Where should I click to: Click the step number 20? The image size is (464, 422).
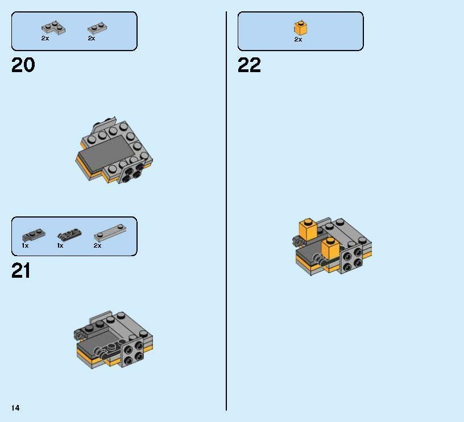click(x=23, y=65)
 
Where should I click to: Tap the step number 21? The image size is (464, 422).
click(x=20, y=271)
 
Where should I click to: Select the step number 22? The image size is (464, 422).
click(x=249, y=65)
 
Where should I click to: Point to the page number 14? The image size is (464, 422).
click(x=15, y=408)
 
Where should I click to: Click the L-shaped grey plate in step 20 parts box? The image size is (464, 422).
click(x=53, y=28)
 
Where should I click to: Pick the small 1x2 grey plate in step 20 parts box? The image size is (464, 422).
click(x=97, y=28)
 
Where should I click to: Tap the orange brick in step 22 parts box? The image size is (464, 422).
click(x=300, y=28)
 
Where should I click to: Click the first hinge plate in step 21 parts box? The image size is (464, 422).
click(x=34, y=235)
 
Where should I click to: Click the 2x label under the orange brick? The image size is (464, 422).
click(x=298, y=39)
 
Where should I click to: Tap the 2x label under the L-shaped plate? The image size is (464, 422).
click(x=45, y=38)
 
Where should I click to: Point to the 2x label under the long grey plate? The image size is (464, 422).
click(x=97, y=245)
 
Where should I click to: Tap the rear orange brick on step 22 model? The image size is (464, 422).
click(x=308, y=229)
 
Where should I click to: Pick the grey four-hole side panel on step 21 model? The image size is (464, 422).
click(x=133, y=353)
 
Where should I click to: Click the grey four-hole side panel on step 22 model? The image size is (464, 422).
click(x=352, y=259)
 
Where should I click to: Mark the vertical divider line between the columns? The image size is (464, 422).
click(x=226, y=211)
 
